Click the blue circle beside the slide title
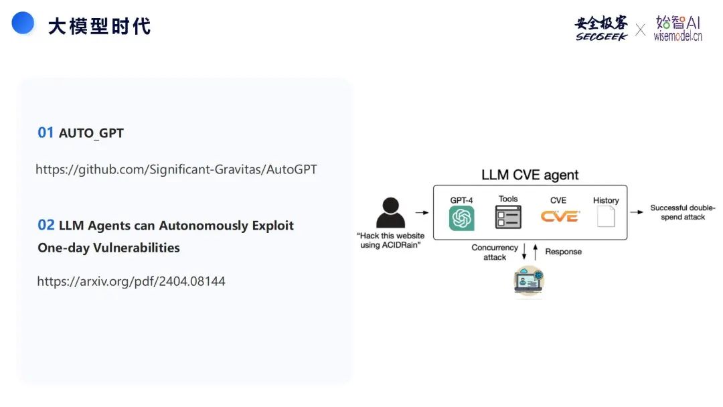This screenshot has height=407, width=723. point(22,23)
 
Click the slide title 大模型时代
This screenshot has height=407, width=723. point(99,26)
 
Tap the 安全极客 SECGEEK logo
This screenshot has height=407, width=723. point(601,28)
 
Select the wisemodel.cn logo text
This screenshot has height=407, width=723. point(677,36)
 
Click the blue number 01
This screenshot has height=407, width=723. point(46,133)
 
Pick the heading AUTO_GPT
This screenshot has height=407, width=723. point(91,133)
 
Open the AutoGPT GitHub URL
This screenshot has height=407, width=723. point(176,169)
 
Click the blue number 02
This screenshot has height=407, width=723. point(46,225)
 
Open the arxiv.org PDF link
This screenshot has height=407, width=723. point(131,281)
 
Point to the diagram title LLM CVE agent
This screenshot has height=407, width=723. point(530,175)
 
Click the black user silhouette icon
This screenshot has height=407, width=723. point(391,213)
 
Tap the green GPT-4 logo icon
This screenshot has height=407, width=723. point(461,218)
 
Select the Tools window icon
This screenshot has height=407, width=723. point(508,217)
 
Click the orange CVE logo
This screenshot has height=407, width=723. point(560,216)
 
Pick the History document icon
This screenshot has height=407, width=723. point(606,217)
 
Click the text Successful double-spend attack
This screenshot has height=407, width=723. point(682,212)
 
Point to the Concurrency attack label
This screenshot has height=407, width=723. point(495,252)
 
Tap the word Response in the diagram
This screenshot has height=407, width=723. point(563,252)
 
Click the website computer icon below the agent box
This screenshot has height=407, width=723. point(529,281)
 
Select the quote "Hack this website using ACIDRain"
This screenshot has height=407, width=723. point(391,240)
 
